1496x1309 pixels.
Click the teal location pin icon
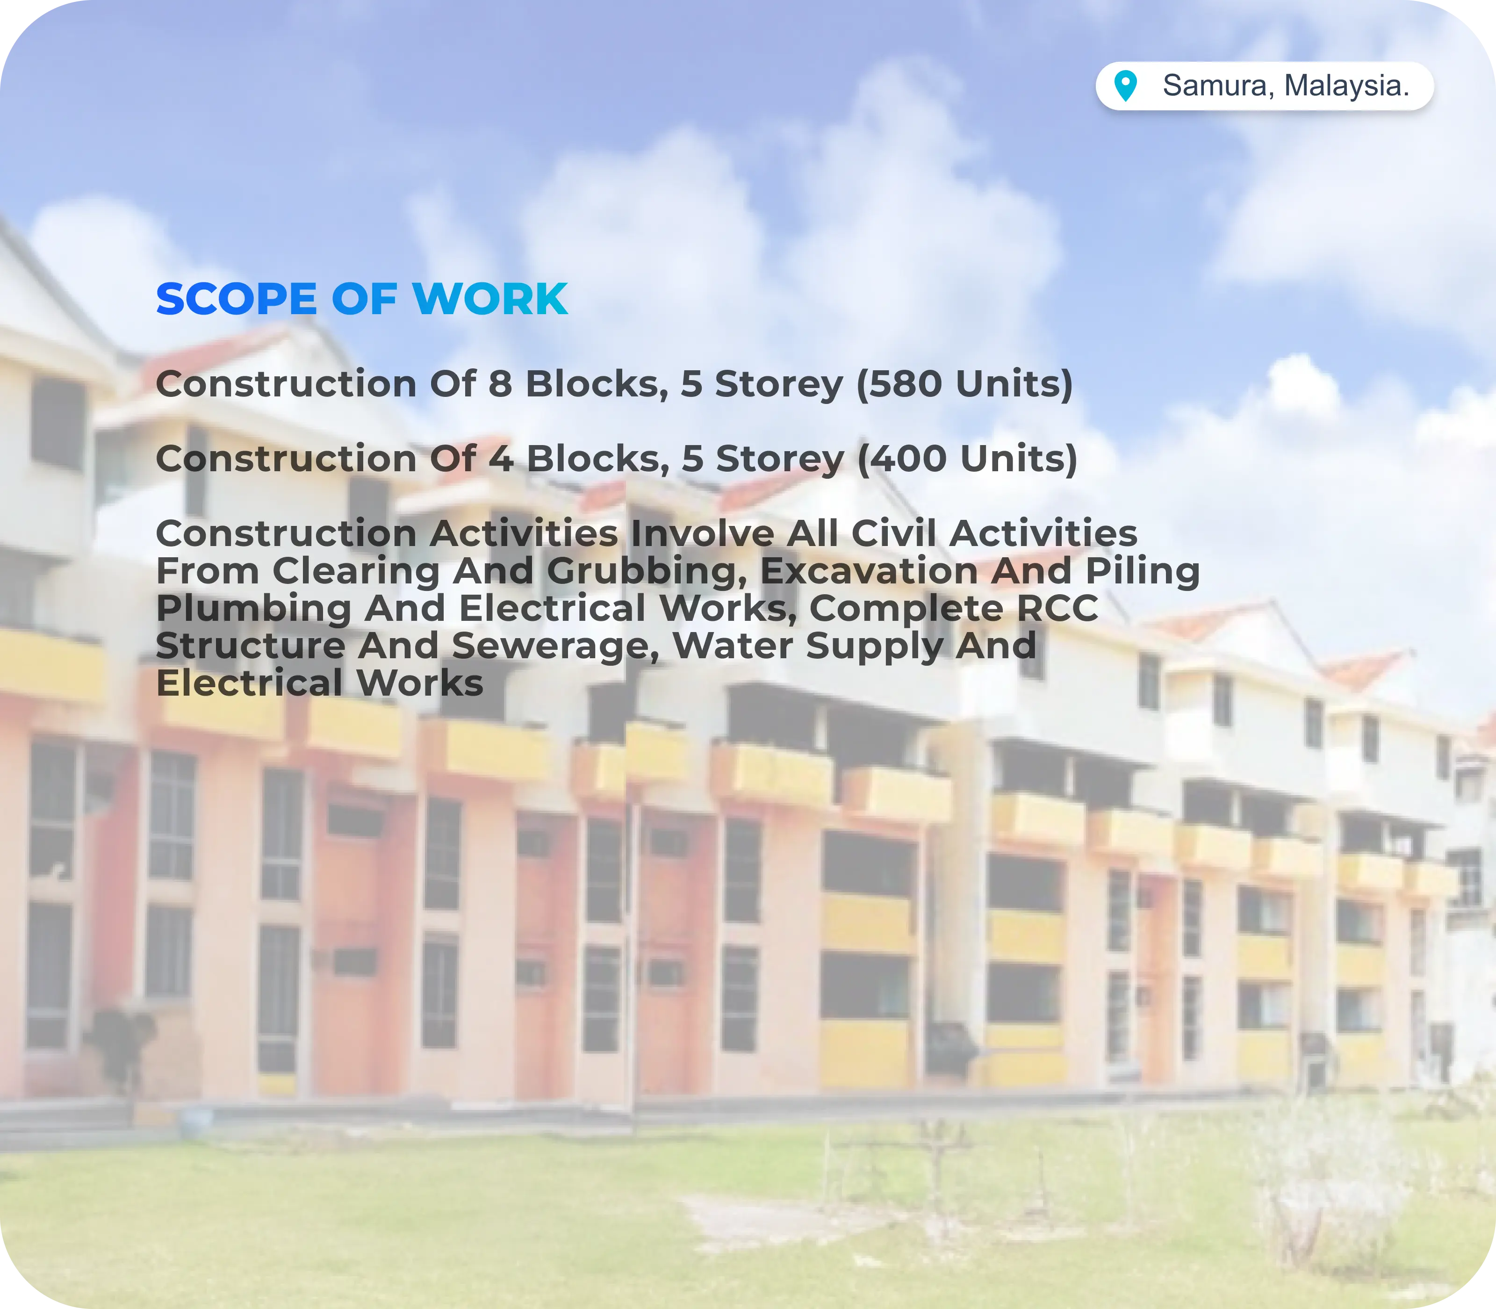point(1126,86)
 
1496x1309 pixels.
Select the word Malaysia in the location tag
point(1347,86)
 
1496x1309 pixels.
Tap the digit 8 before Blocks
point(500,383)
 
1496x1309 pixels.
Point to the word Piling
point(1143,572)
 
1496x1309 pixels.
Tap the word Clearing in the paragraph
point(356,572)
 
